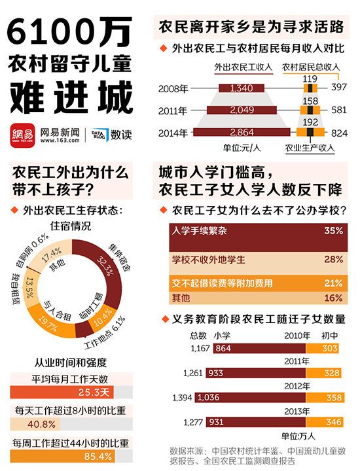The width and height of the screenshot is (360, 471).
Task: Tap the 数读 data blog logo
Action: coord(111,134)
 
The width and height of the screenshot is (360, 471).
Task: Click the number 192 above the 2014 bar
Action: coord(310,122)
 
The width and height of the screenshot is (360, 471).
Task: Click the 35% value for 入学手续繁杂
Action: coord(333,231)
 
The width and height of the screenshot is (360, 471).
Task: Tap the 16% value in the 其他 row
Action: coord(333,298)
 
